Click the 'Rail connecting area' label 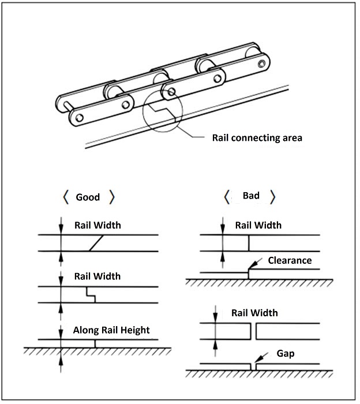tap(257, 138)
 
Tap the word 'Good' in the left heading tap(88, 197)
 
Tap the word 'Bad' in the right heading tap(251, 196)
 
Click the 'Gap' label tap(286, 353)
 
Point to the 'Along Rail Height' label tap(111, 330)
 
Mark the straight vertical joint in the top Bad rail tap(249, 243)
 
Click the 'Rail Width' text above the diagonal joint tap(97, 225)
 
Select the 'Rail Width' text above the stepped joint tap(97, 276)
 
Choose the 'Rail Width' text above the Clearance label tap(258, 225)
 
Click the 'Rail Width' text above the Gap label tap(254, 313)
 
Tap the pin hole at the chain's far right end tap(263, 62)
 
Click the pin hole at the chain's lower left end tap(79, 118)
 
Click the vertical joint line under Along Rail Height tap(95, 343)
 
